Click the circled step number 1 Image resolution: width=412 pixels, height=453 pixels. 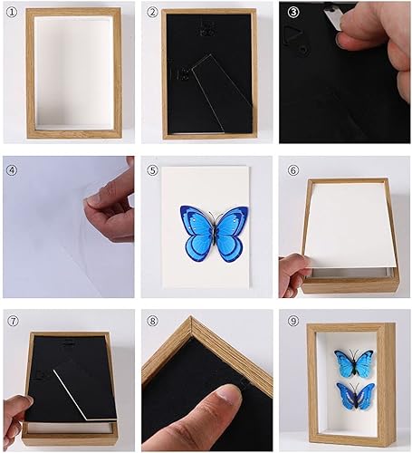pyautogui.click(x=12, y=13)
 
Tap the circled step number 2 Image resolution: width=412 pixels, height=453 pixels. pyautogui.click(x=152, y=13)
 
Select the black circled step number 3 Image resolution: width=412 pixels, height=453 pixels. pyautogui.click(x=291, y=13)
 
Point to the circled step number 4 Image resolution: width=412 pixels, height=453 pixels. pyautogui.click(x=12, y=169)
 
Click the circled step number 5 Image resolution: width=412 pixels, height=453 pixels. pyautogui.click(x=152, y=169)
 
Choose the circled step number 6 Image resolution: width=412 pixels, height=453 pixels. pyautogui.click(x=291, y=169)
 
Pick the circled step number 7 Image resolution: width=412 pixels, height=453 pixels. pyautogui.click(x=12, y=320)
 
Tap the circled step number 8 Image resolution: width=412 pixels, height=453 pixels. pyautogui.click(x=152, y=320)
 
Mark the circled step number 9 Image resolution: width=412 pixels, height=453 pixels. pyautogui.click(x=291, y=320)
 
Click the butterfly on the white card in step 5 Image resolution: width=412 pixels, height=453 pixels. pyautogui.click(x=215, y=232)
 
